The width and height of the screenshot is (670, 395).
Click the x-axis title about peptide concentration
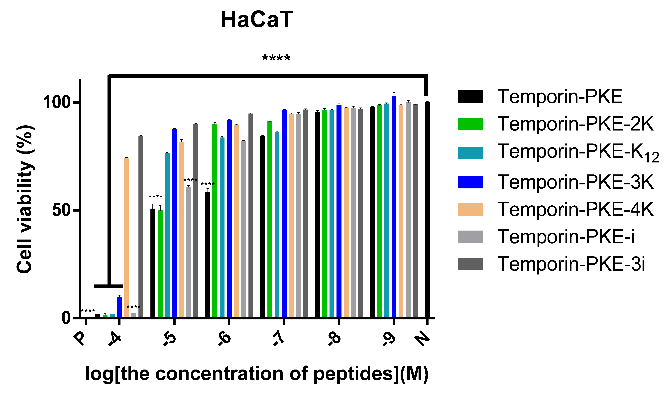257,374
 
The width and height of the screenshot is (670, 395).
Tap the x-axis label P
80,339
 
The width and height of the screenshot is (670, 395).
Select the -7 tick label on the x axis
279,339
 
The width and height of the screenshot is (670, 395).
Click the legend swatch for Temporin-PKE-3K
470,182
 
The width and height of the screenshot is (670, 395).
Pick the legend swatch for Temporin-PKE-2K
470,124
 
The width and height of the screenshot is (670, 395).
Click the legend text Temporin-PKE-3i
571,264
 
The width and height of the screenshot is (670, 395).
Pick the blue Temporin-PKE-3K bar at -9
394,206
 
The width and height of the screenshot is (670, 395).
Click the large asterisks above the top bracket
276,58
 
